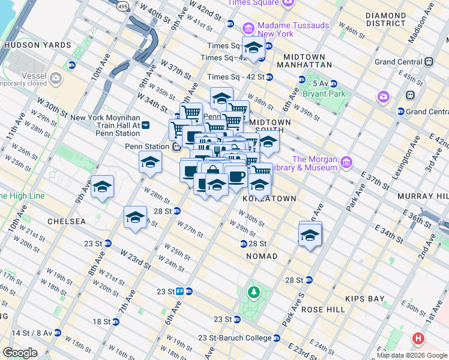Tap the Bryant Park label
[x=324, y=94]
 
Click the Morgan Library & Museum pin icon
[x=346, y=163]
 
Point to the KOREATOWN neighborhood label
[x=269, y=198]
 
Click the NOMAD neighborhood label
[x=262, y=256]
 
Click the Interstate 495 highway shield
[x=124, y=5]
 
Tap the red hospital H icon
[x=418, y=338]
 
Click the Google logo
[x=20, y=353]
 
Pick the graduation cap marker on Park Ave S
[x=310, y=234]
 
